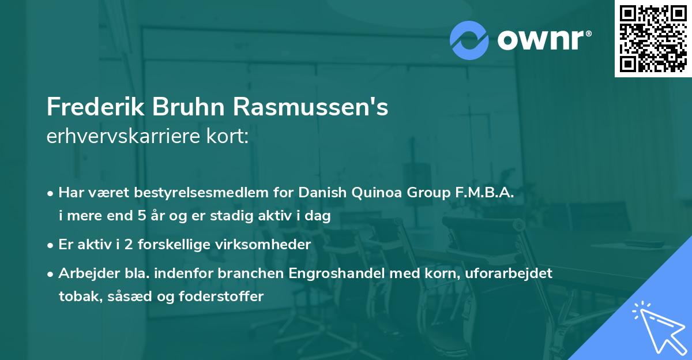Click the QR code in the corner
point(653,39)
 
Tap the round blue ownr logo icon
point(469,40)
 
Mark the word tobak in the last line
point(75,297)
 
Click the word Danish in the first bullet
point(320,193)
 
